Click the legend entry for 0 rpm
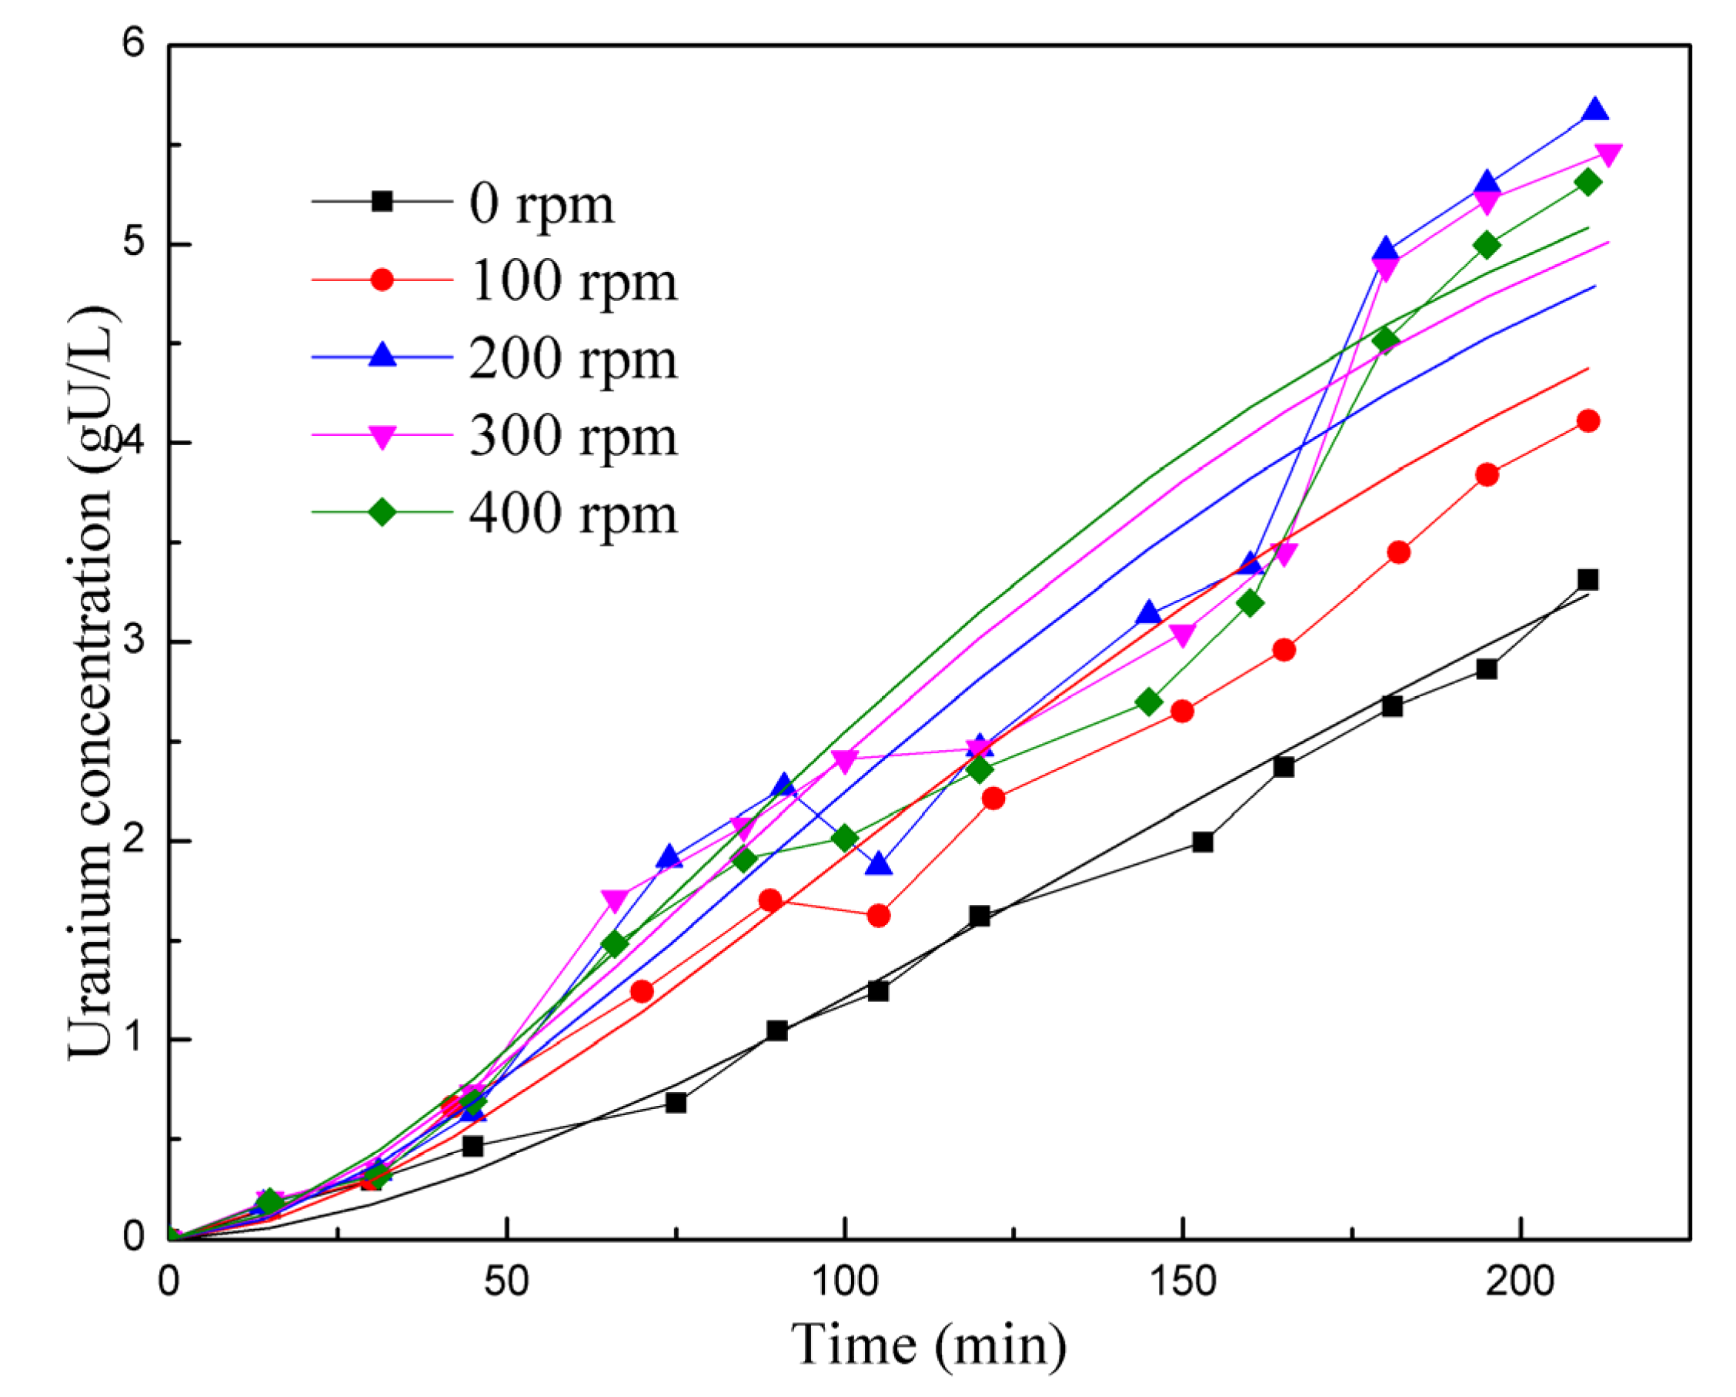tap(541, 205)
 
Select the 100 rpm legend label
tap(573, 282)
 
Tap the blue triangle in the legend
tap(382, 355)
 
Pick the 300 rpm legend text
tap(573, 437)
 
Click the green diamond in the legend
tap(382, 512)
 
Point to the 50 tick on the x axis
tap(506, 1281)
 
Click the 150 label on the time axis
tap(1182, 1281)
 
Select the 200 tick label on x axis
tap(1520, 1281)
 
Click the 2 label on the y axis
tap(134, 840)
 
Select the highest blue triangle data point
tap(1595, 110)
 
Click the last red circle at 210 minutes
tap(1587, 420)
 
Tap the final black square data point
tap(1587, 580)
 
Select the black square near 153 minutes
tap(1203, 842)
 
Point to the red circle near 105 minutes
tap(879, 916)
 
